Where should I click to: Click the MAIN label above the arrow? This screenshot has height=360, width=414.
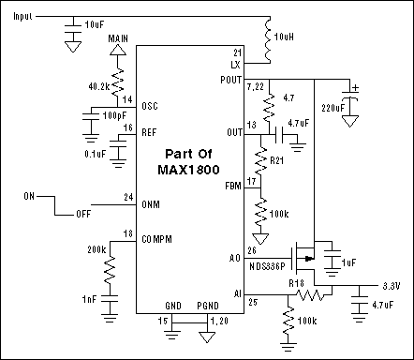click(117, 37)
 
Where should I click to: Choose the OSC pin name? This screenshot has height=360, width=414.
click(149, 106)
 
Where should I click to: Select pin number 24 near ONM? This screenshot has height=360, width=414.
click(127, 197)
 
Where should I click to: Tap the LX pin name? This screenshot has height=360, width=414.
click(235, 64)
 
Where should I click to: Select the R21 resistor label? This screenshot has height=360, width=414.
click(277, 160)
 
